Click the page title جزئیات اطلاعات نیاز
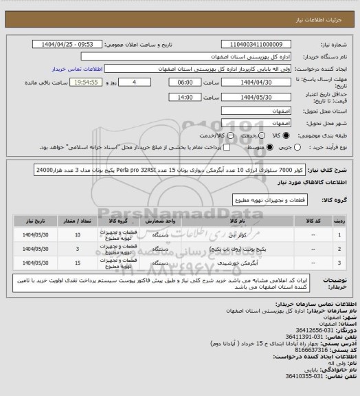(327, 8)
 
